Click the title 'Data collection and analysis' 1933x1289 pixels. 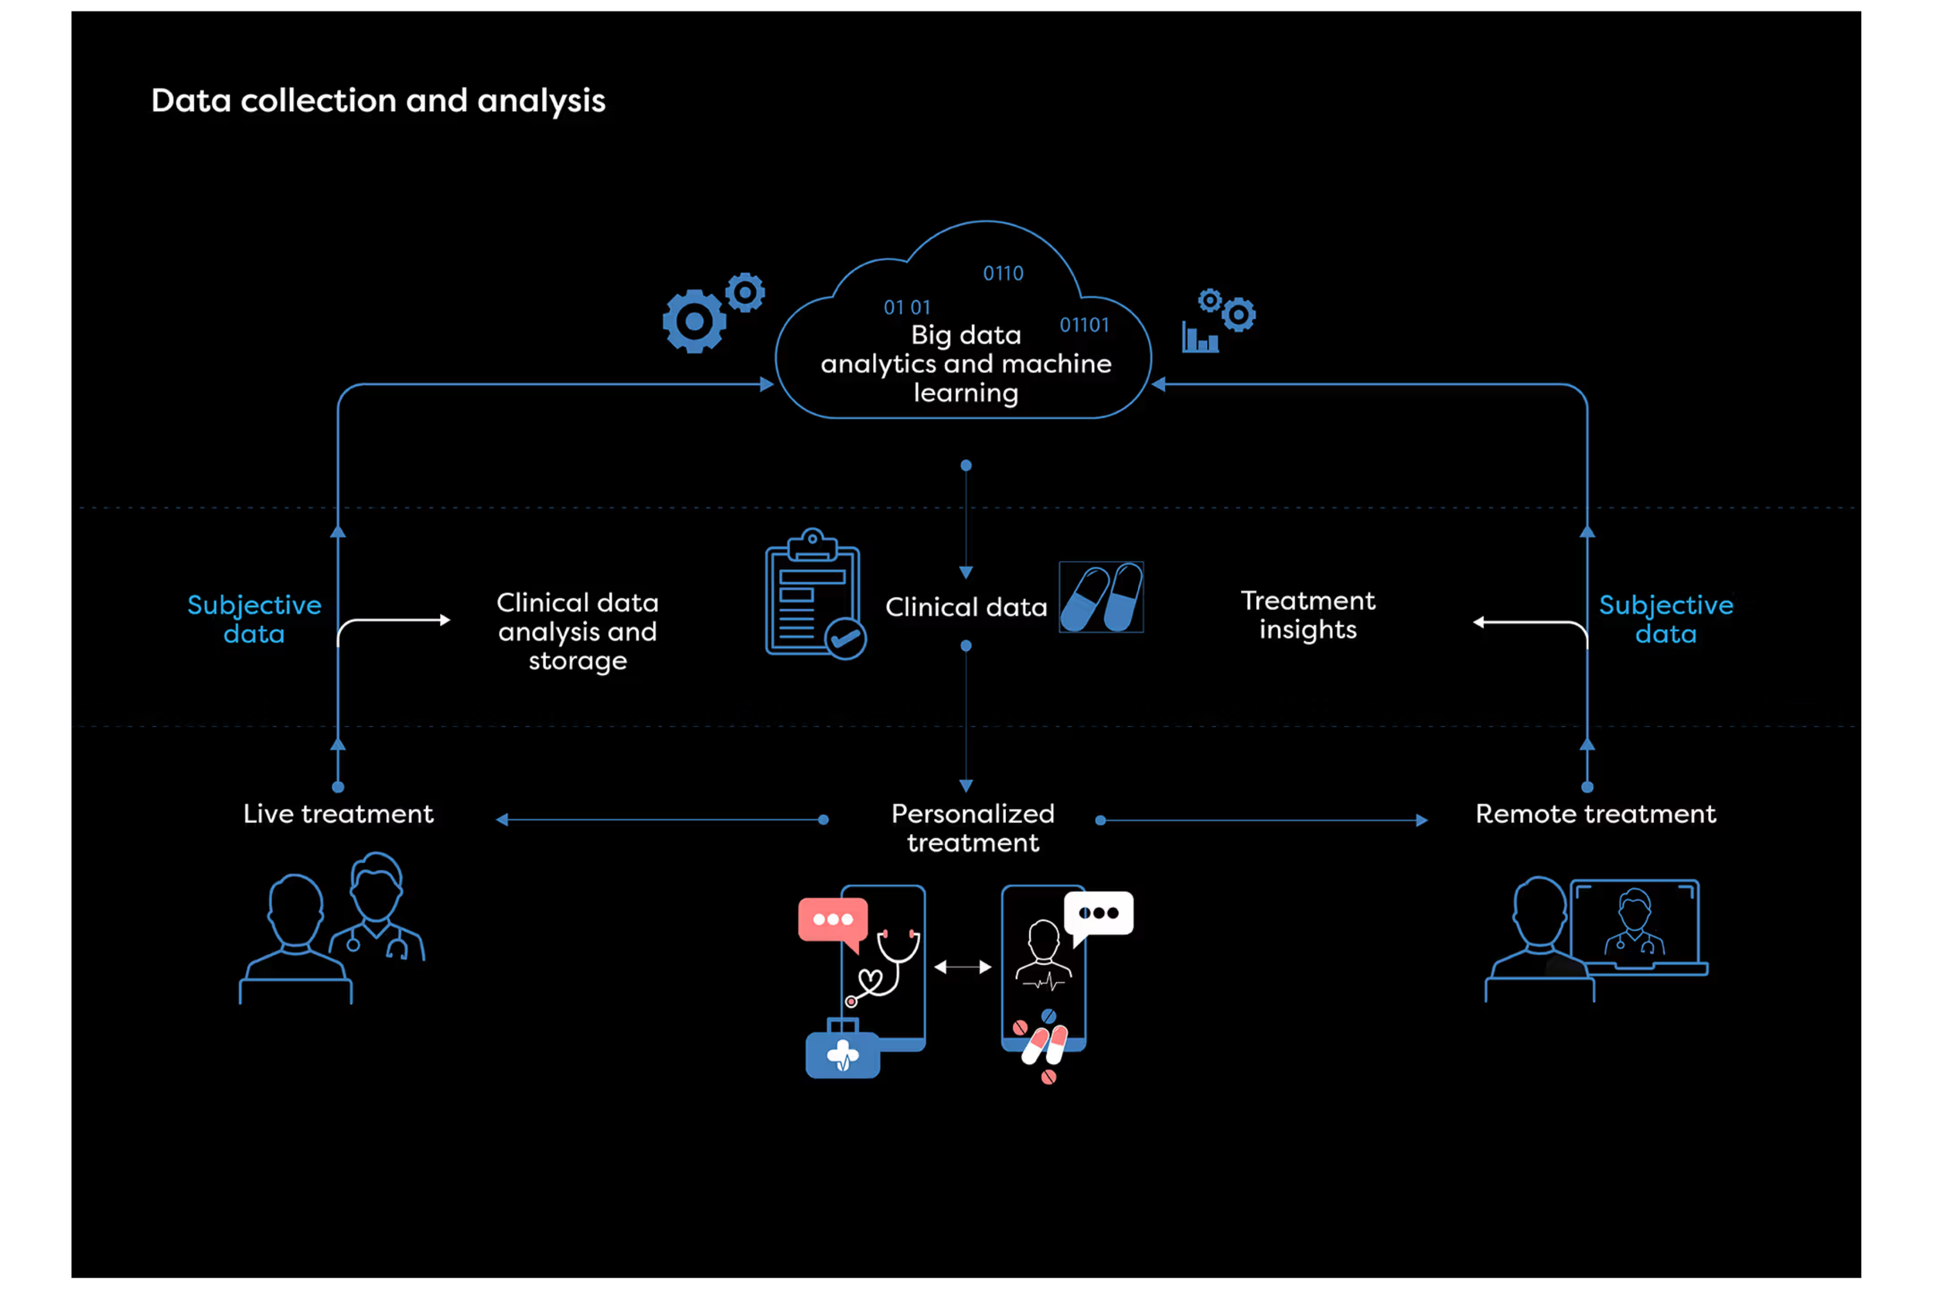click(x=378, y=101)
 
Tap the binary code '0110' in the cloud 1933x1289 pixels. click(x=1003, y=273)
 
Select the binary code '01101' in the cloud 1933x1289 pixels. click(x=1084, y=325)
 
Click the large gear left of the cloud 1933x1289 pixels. click(x=694, y=321)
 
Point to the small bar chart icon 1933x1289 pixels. click(x=1199, y=338)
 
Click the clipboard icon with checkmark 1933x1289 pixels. click(x=813, y=594)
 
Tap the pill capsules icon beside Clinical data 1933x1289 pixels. click(x=1101, y=598)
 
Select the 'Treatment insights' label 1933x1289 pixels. click(x=1307, y=615)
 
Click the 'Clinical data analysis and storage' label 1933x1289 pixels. click(x=577, y=631)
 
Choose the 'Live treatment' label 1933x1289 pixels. click(x=338, y=814)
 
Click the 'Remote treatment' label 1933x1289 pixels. click(x=1595, y=814)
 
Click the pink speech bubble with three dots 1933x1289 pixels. click(x=833, y=920)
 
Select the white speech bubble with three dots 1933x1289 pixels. click(x=1098, y=913)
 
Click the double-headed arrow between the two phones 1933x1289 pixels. click(x=963, y=967)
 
